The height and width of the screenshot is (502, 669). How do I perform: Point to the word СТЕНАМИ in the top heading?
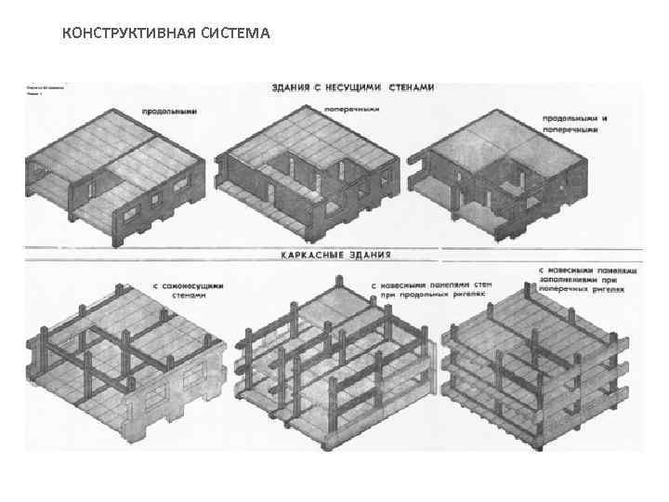410,87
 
